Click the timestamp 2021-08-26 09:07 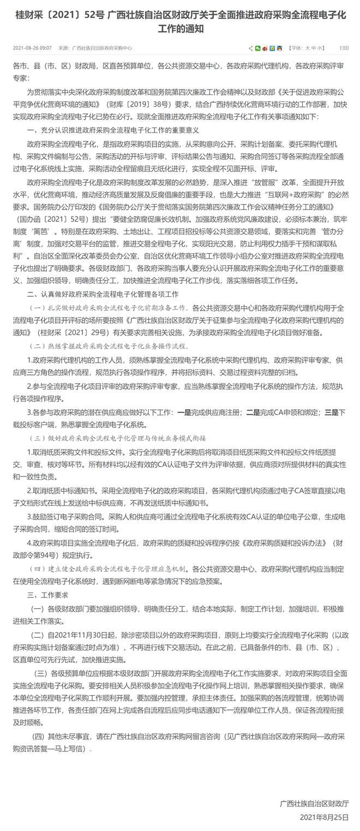coord(32,48)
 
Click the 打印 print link coord(344,48)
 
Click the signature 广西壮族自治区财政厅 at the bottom coord(314,803)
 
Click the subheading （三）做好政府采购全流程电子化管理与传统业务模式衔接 coord(119,439)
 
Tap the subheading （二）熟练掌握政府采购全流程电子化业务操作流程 coord(109,345)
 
